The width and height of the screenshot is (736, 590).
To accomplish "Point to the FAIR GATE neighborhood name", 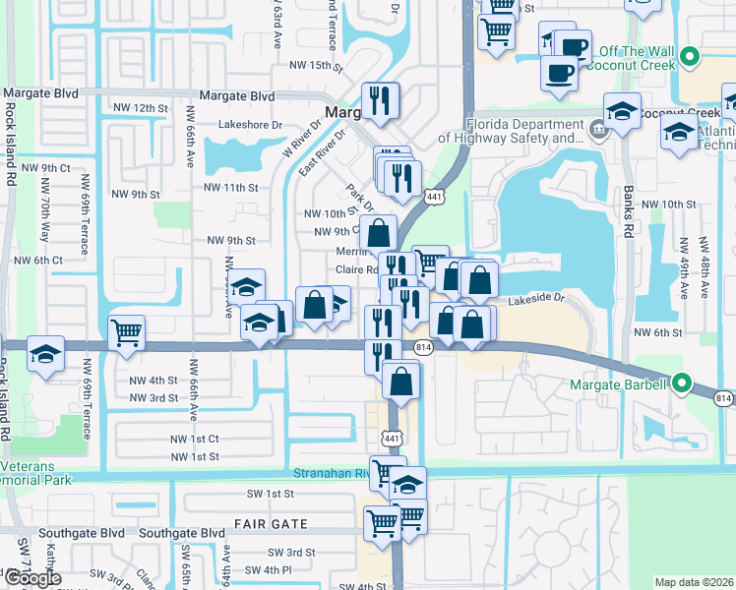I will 271,524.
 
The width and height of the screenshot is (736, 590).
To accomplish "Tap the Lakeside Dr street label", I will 537,299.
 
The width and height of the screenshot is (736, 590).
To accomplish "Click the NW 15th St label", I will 316,68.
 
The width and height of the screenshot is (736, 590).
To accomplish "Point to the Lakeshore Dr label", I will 250,126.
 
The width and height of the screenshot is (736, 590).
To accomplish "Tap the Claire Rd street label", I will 356,269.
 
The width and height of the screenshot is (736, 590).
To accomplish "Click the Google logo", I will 32,577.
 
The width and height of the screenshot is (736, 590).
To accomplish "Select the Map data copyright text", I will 694,582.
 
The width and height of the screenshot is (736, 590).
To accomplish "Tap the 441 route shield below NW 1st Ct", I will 391,436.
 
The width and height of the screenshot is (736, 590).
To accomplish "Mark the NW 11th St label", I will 232,187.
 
